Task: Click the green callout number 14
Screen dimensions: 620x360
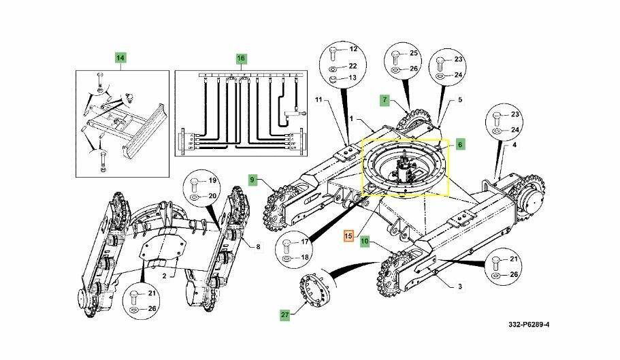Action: (x=120, y=58)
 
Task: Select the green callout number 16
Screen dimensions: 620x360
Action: (x=241, y=59)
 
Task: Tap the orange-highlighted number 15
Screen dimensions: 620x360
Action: (x=348, y=236)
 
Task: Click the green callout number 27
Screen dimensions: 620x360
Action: (x=284, y=315)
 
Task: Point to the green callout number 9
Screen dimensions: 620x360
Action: (x=252, y=180)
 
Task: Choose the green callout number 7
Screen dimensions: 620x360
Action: (x=385, y=100)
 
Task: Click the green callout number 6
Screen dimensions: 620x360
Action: (x=460, y=145)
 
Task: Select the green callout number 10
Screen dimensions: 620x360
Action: (x=365, y=241)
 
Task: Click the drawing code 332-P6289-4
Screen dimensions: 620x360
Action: (x=529, y=325)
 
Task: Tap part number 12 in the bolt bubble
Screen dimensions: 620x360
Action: (x=353, y=49)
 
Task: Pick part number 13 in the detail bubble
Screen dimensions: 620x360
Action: (x=353, y=78)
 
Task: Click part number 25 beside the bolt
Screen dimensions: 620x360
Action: (x=414, y=53)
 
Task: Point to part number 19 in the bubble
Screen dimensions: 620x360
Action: (x=213, y=180)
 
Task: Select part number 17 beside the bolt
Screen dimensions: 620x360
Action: (x=305, y=242)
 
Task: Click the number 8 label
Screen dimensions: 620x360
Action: (x=258, y=247)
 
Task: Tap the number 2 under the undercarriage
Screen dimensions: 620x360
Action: (x=165, y=276)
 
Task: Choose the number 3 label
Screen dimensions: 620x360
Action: (x=459, y=287)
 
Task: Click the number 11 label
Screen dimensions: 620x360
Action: (x=319, y=100)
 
